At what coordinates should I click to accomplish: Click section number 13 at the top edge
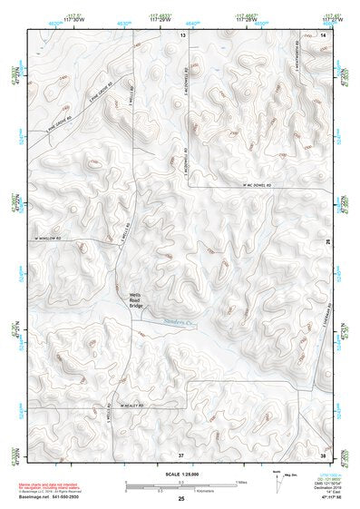pyautogui.click(x=182, y=34)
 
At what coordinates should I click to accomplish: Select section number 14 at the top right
pyautogui.click(x=324, y=34)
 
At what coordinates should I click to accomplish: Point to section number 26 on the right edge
pyautogui.click(x=328, y=240)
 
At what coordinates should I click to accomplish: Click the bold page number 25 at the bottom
pyautogui.click(x=180, y=498)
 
